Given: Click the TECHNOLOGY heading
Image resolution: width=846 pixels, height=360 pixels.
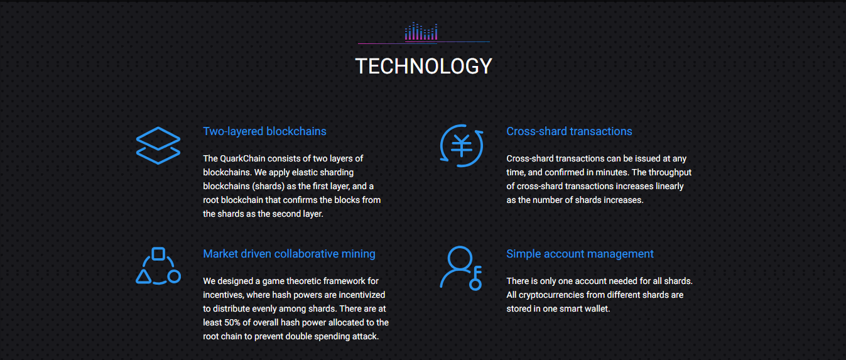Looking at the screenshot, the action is coord(423,66).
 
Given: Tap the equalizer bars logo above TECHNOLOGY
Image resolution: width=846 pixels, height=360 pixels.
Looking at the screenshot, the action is coord(421,31).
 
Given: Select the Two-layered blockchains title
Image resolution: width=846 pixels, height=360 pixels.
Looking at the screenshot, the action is coord(264,131).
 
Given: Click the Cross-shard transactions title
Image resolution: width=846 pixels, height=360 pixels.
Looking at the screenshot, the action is coord(569,131).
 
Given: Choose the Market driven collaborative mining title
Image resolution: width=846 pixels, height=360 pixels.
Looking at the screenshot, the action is coord(289,253).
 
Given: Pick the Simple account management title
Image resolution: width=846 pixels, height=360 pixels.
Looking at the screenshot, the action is coord(580,253).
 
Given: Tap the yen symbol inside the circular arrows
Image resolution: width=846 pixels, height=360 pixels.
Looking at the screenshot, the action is coord(462,146).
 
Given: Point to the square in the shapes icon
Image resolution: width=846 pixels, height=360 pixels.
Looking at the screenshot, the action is coord(158,254).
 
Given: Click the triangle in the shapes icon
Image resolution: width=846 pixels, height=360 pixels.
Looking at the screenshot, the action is coord(144,277).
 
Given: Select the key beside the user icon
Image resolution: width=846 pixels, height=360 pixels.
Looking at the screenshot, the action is coord(476,278).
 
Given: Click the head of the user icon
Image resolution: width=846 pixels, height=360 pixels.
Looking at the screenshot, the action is coord(460,258).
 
